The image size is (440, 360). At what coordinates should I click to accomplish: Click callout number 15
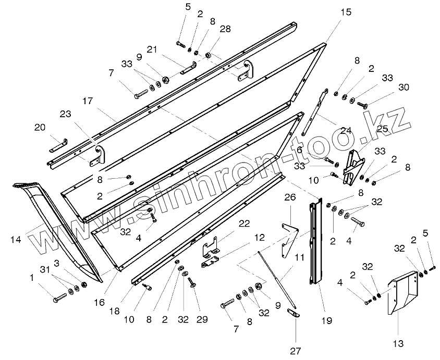click(x=346, y=11)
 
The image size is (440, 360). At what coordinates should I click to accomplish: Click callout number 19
click(x=326, y=321)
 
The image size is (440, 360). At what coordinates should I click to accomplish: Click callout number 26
click(x=290, y=197)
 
